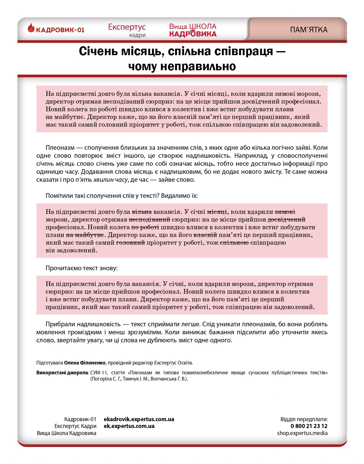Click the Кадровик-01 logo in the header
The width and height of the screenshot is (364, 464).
pyautogui.click(x=56, y=29)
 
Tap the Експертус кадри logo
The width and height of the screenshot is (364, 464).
pyautogui.click(x=127, y=30)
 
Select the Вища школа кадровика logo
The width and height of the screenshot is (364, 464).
pyautogui.click(x=193, y=30)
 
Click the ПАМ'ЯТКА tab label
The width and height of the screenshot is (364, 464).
pyautogui.click(x=309, y=30)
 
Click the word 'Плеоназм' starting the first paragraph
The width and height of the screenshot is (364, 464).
pyautogui.click(x=60, y=148)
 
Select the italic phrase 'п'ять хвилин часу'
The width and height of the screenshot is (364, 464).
pyautogui.click(x=101, y=180)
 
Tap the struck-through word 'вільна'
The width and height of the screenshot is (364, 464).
pyautogui.click(x=142, y=212)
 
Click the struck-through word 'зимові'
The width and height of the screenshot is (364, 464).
pyautogui.click(x=285, y=212)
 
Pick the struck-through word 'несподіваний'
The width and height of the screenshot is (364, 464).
pyautogui.click(x=149, y=219)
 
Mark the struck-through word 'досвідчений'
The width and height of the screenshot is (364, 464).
pyautogui.click(x=286, y=219)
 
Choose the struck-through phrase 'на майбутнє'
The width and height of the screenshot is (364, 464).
pyautogui.click(x=85, y=235)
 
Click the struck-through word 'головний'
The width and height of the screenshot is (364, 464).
pyautogui.click(x=130, y=242)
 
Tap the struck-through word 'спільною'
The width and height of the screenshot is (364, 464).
pyautogui.click(x=234, y=242)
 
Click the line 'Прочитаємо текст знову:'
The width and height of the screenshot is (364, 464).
pyautogui.click(x=82, y=268)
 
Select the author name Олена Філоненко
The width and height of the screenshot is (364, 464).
pyautogui.click(x=85, y=363)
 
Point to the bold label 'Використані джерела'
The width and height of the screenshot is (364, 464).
pyautogui.click(x=62, y=372)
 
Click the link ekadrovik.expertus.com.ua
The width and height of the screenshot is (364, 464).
pyautogui.click(x=139, y=419)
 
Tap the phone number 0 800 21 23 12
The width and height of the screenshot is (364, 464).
pyautogui.click(x=309, y=426)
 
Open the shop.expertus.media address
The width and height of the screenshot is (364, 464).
pyautogui.click(x=302, y=433)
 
